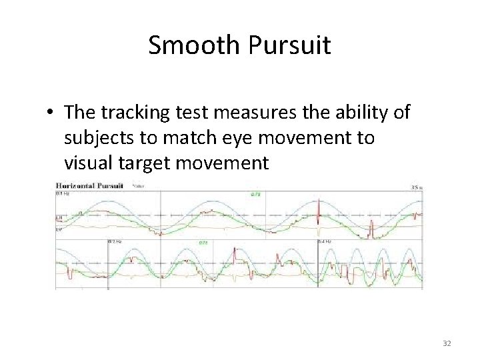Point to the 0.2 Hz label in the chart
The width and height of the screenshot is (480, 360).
coord(114,241)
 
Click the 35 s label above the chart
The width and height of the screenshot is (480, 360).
coord(417,187)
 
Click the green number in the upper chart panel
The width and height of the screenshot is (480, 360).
coord(255,195)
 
